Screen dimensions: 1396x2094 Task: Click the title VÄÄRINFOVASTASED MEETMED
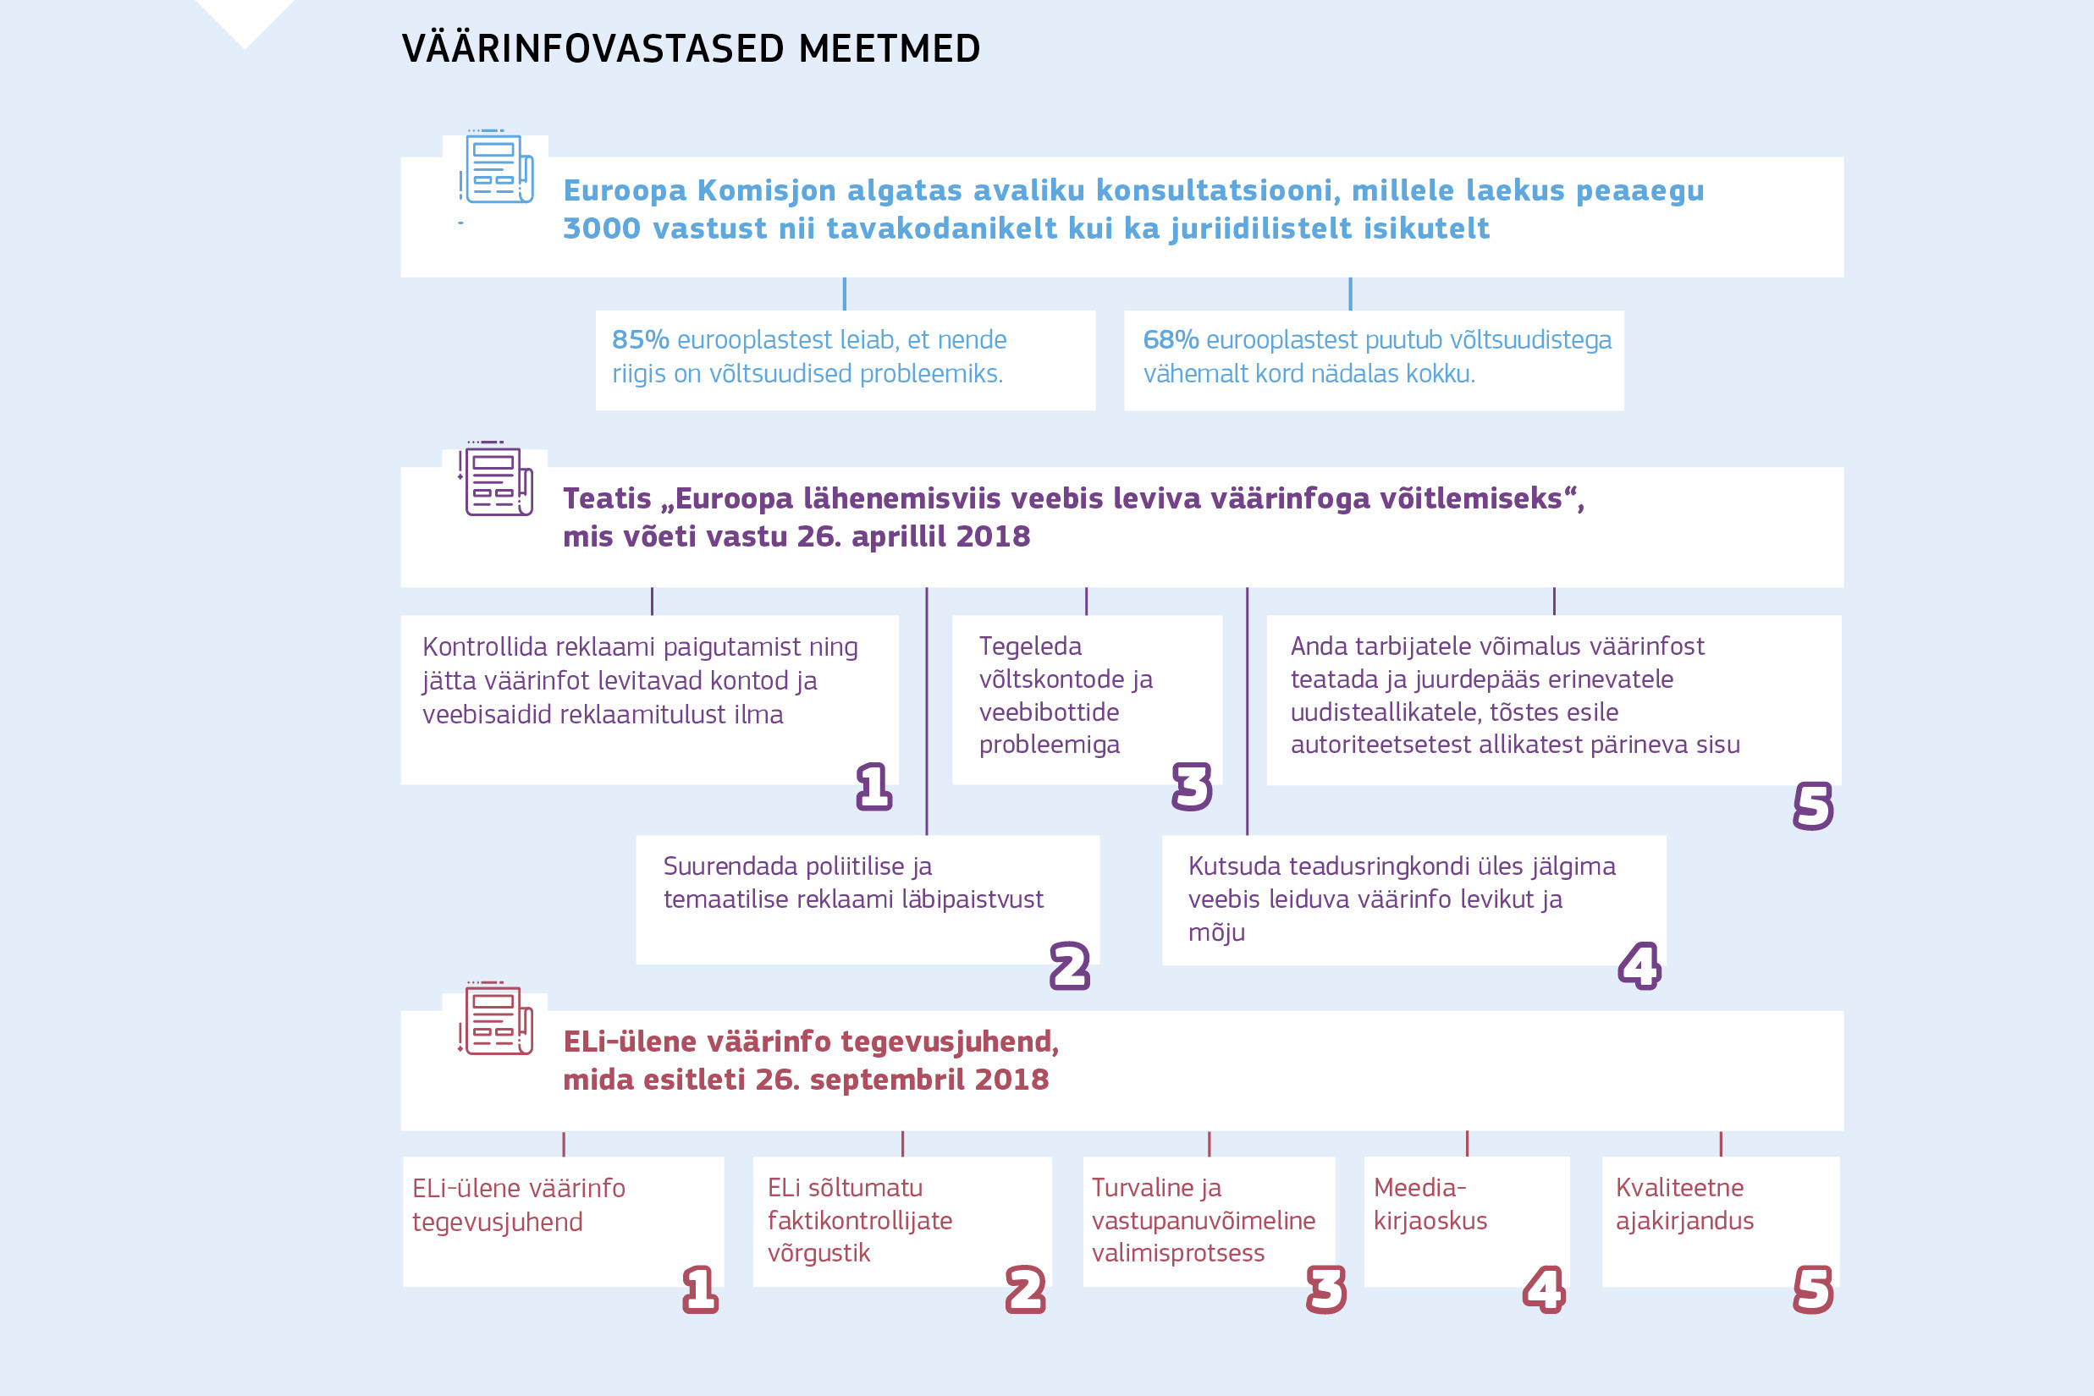(691, 49)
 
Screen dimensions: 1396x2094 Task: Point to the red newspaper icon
(496, 1020)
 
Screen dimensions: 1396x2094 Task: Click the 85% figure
(640, 339)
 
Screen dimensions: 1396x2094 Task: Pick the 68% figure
(1170, 339)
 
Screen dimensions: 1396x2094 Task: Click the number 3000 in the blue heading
(601, 228)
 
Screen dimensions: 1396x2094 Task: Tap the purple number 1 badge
(873, 786)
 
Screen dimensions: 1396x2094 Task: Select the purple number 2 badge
(1070, 966)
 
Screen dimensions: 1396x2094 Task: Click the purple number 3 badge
(1192, 786)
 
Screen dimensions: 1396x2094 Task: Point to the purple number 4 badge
(1639, 966)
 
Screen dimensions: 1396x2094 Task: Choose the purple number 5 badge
(1812, 805)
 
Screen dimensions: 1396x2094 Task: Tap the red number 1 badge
(700, 1289)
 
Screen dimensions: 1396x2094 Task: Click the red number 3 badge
(1325, 1289)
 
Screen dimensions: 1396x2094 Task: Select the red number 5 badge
(1812, 1289)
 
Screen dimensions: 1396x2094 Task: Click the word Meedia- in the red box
(1419, 1188)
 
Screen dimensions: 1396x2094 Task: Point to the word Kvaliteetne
(1679, 1188)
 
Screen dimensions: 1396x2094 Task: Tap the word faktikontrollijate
(859, 1221)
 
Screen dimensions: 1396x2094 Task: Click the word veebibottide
(1049, 712)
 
